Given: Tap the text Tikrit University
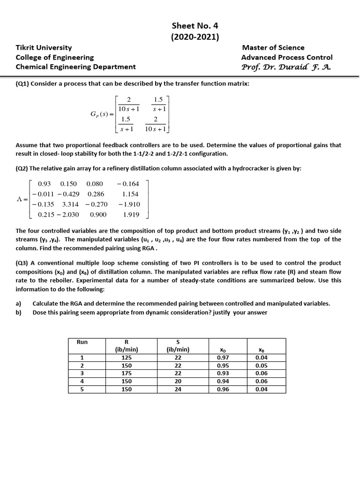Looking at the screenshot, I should [44, 47].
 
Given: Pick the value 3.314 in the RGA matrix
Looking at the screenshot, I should [70, 204].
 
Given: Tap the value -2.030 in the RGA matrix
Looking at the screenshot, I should [67, 214].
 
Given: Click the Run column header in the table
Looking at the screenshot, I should [82, 342].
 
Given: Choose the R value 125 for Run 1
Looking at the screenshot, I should [127, 357].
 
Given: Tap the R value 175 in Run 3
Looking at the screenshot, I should [127, 373].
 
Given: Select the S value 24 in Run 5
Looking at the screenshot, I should [178, 389].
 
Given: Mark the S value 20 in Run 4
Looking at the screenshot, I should [178, 381].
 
